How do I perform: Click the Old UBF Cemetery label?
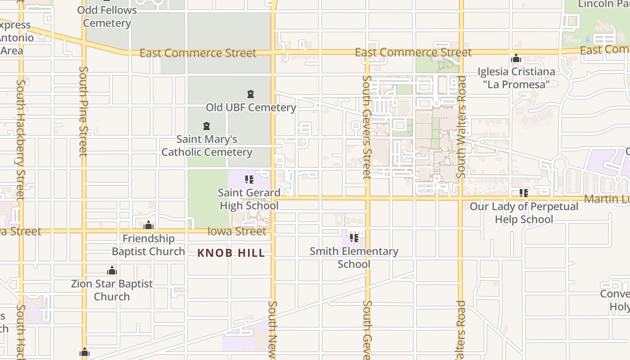251,108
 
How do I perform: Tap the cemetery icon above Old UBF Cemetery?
251,94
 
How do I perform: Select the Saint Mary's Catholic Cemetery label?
207,145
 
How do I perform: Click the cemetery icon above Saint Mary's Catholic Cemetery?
207,126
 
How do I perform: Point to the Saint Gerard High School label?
249,199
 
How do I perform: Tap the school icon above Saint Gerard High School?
249,180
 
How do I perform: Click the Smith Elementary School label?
354,257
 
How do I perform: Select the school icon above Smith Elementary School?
354,238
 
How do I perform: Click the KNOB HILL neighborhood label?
231,253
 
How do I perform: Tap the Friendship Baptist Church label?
148,245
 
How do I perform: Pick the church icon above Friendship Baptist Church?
148,225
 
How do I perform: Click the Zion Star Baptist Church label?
112,290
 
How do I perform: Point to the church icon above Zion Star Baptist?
112,270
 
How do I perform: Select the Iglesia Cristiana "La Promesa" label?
516,78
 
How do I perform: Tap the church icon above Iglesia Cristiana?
516,58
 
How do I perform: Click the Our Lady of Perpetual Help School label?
524,212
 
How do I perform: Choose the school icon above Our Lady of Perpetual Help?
524,193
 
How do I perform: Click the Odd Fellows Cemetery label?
107,16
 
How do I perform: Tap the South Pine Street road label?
83,111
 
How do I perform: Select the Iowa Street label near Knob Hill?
237,231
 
